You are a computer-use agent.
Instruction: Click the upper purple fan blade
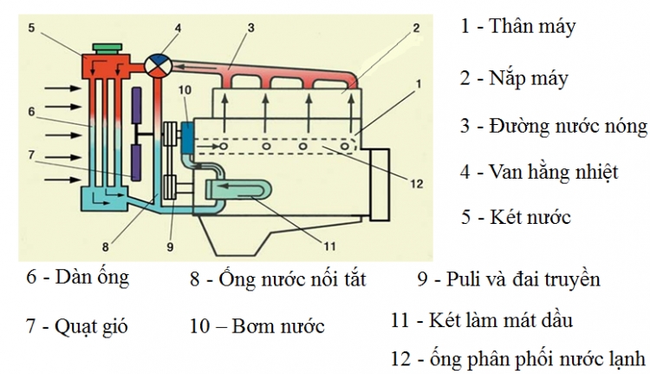136,111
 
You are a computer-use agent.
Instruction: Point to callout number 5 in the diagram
29,28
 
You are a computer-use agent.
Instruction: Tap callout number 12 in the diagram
416,183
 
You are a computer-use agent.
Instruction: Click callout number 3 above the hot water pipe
250,28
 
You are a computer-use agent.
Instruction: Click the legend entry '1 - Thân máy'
517,26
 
